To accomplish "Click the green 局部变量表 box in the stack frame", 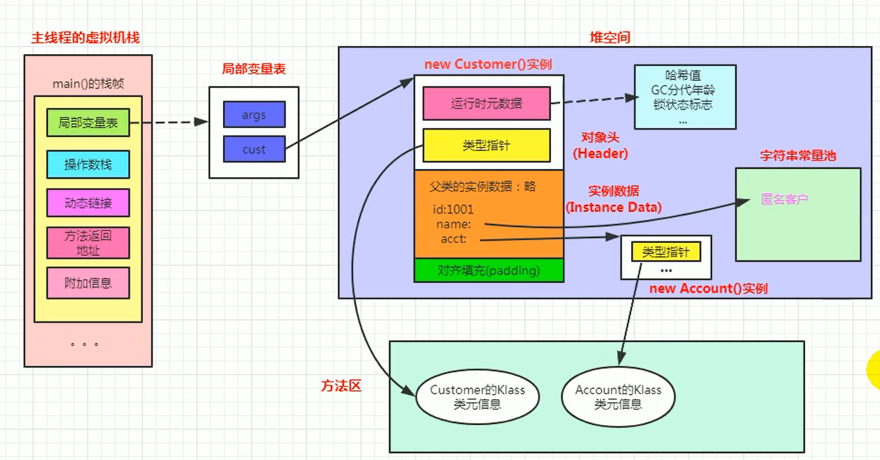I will [x=87, y=123].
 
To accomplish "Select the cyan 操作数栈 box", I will [x=87, y=164].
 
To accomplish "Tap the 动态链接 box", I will [x=87, y=203].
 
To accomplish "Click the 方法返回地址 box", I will [x=87, y=243].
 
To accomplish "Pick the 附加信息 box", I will [x=87, y=283].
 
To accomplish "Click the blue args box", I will [x=254, y=115].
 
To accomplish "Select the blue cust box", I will [x=254, y=149].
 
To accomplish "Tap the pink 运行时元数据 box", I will [x=487, y=104].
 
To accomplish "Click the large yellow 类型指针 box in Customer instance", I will [x=487, y=146].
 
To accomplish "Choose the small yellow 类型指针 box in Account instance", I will [x=665, y=252].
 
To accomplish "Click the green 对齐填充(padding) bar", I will [x=489, y=270].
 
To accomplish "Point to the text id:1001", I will [x=453, y=210].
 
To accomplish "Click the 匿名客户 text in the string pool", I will [x=784, y=200].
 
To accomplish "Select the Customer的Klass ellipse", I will [x=477, y=396].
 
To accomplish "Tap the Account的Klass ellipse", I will [x=618, y=396].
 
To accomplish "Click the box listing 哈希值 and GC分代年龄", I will [x=684, y=97].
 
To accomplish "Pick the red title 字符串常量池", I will [x=799, y=156].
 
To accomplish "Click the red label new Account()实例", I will [x=707, y=288].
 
